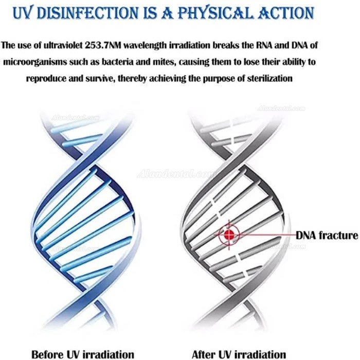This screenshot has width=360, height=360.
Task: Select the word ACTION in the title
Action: coord(286,13)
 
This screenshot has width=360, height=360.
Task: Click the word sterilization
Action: coord(269,79)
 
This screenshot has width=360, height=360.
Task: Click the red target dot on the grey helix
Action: coord(229,235)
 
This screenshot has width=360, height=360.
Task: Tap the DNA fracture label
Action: coord(327,235)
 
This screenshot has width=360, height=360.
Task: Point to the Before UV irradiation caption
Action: coord(83,354)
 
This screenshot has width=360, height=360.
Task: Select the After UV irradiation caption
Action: coord(239,354)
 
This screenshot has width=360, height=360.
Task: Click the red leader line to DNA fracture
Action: coord(268,235)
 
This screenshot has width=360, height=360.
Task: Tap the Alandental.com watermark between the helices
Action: coord(176,174)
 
